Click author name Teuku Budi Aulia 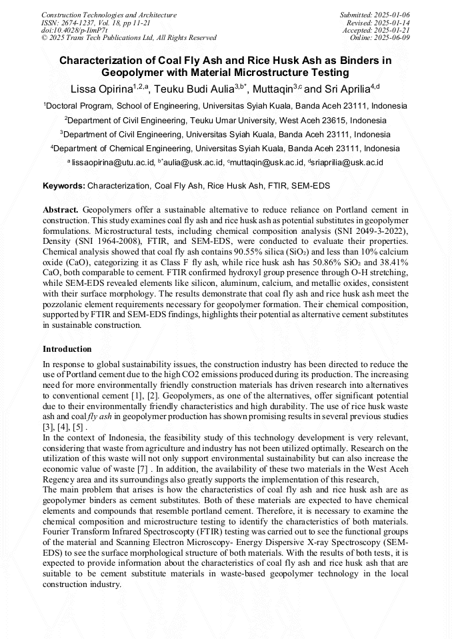tap(193, 89)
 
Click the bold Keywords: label tap(64, 185)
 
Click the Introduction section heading tap(67, 348)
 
